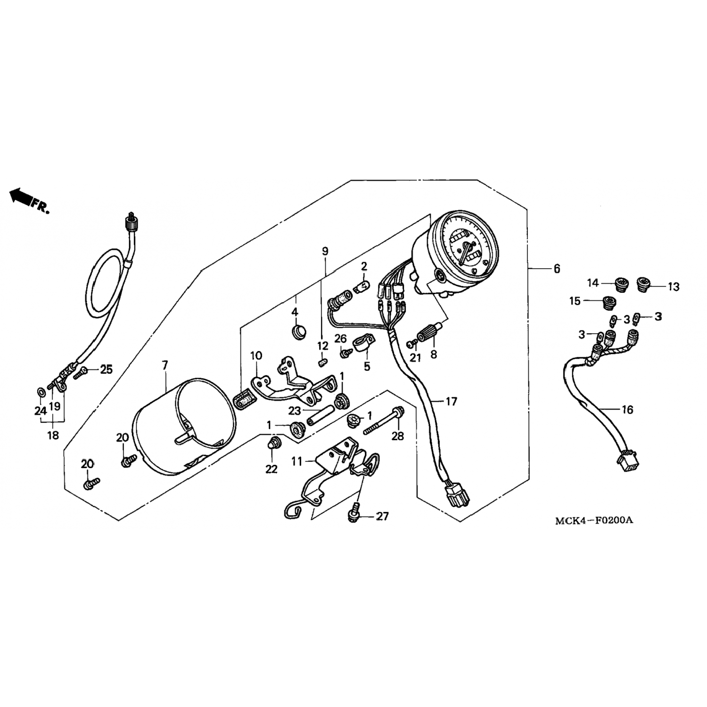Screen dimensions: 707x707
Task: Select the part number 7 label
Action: (x=164, y=364)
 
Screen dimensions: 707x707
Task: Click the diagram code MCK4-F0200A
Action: (x=593, y=520)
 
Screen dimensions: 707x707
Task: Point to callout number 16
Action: (x=627, y=410)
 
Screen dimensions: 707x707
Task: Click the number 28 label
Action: (x=398, y=436)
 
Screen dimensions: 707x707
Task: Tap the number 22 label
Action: (x=271, y=469)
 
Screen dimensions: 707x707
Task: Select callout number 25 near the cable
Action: (x=107, y=370)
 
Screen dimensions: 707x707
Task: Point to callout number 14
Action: (x=592, y=283)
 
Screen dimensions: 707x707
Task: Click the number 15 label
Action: (x=575, y=301)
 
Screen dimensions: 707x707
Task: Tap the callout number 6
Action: (x=557, y=269)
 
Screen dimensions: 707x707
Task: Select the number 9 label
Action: (x=325, y=251)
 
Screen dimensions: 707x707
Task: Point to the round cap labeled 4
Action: (x=297, y=331)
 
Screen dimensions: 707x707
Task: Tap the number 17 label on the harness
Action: (x=451, y=402)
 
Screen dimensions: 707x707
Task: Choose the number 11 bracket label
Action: (x=296, y=461)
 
